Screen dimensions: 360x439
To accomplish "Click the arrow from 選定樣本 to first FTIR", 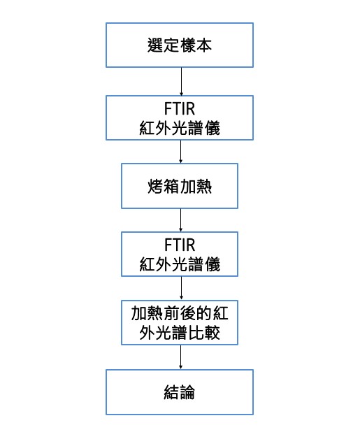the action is tap(181, 82).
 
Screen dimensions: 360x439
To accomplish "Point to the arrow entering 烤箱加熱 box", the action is tap(180, 152).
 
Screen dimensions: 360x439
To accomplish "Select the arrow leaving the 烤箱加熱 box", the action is tap(180, 220).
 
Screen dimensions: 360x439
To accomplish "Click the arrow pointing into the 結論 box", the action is tap(180, 357).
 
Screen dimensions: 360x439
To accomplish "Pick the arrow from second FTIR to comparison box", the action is tap(181, 288).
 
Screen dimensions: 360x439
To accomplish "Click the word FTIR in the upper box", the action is tap(180, 108).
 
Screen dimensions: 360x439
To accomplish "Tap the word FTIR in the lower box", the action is tap(180, 245).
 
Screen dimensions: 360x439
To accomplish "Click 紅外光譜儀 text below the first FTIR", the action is tap(180, 128).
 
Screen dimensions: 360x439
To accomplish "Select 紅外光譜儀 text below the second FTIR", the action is tap(180, 264).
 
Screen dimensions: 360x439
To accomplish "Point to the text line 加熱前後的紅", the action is tap(180, 313).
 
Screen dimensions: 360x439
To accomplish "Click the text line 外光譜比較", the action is tap(180, 333).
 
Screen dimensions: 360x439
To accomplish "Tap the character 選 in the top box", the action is tap(155, 45).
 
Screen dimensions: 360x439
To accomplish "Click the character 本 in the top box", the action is tap(204, 45).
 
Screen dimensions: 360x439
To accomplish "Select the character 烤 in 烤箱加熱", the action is tap(155, 187).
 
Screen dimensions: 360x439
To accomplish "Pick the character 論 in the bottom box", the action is tap(187, 392).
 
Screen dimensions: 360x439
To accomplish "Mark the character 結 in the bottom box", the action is tap(171, 392).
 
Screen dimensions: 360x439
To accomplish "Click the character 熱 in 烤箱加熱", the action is tap(204, 187).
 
